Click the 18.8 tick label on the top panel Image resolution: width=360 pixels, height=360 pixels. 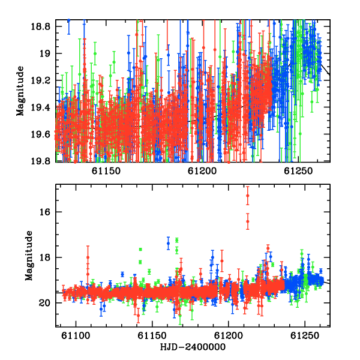click(41, 27)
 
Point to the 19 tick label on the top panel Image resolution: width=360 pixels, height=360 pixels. click(45, 54)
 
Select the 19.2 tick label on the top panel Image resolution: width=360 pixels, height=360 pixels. click(41, 80)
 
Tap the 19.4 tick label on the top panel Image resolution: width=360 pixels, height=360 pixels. click(41, 107)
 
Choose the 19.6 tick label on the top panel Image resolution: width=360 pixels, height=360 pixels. click(41, 134)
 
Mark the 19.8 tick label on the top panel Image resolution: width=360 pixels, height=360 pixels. click(41, 161)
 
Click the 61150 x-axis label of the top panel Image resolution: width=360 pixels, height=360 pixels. click(106, 171)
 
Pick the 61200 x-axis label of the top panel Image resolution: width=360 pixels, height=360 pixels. click(202, 171)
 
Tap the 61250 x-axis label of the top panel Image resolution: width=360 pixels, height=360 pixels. click(298, 171)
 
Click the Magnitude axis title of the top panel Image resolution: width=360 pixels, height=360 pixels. click(20, 91)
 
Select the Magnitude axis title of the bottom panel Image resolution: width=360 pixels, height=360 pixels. click(29, 256)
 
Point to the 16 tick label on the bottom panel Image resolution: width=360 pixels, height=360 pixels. click(45, 212)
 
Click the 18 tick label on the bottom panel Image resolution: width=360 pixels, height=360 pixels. click(45, 257)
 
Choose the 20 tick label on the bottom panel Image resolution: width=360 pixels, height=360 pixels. click(45, 303)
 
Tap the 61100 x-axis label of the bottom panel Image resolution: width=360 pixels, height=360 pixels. click(76, 336)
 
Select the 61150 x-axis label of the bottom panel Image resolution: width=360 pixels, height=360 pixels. click(152, 336)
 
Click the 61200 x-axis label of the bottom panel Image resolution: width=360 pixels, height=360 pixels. click(229, 336)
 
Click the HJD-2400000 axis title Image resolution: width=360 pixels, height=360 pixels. click(193, 347)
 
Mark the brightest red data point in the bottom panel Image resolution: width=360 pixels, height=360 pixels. click(247, 196)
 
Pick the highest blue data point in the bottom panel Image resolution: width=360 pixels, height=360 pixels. click(168, 244)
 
